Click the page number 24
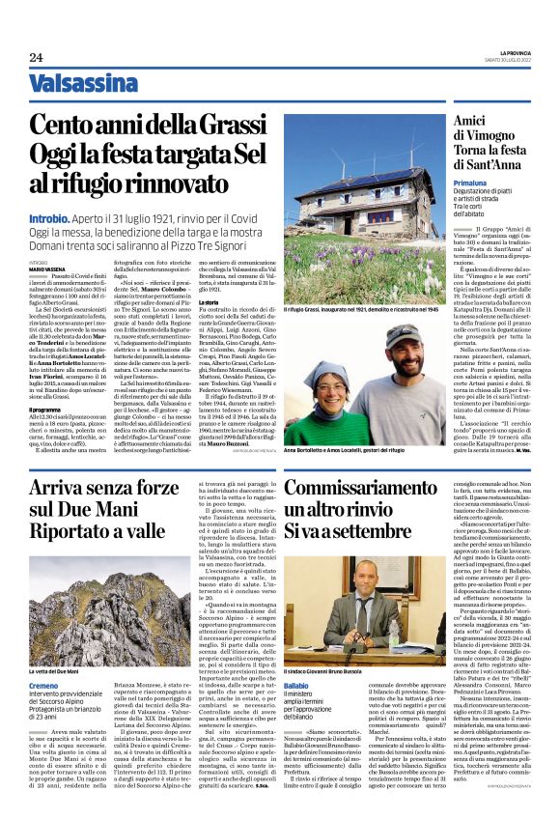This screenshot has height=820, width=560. coord(37,57)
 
